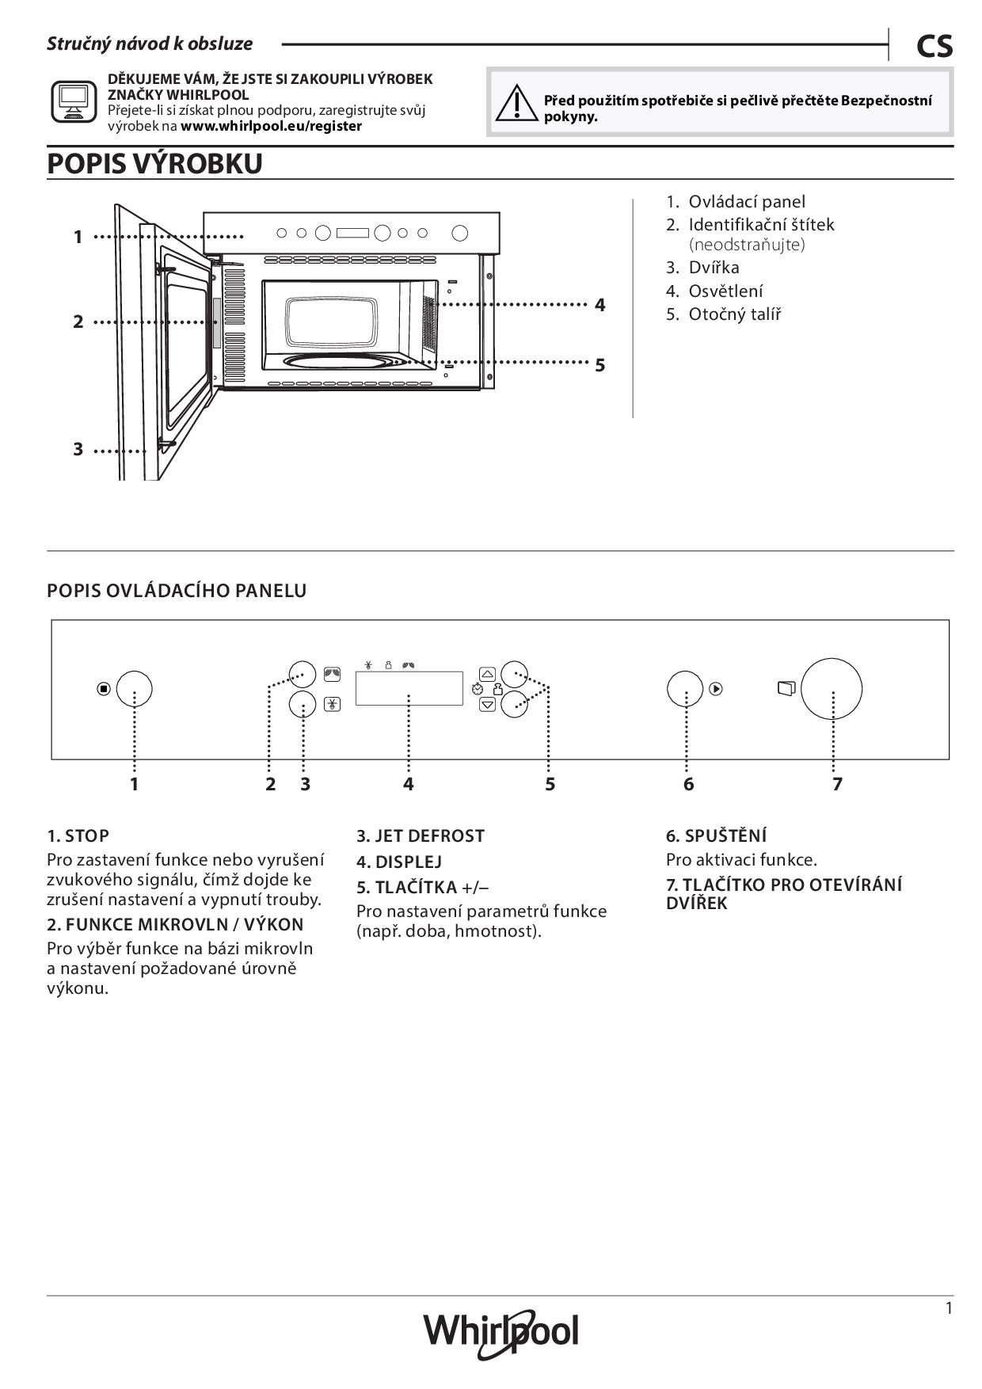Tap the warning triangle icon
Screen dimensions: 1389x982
pyautogui.click(x=516, y=103)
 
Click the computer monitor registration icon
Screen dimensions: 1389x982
pyautogui.click(x=74, y=101)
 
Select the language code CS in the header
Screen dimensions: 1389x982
pyautogui.click(x=934, y=47)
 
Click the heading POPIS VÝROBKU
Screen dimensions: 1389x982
pyautogui.click(x=155, y=164)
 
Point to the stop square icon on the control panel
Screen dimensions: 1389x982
pyautogui.click(x=104, y=689)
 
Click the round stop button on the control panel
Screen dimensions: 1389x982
pyautogui.click(x=134, y=689)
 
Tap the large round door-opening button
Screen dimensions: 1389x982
pyautogui.click(x=831, y=688)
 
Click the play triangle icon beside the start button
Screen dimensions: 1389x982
pyautogui.click(x=716, y=689)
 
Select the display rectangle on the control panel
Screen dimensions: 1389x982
pyautogui.click(x=409, y=688)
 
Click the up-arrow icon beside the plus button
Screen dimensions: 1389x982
pyautogui.click(x=488, y=674)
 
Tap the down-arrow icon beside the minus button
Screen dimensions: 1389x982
pyautogui.click(x=488, y=704)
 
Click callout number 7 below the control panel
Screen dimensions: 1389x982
pyautogui.click(x=837, y=784)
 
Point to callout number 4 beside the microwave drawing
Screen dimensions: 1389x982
pyautogui.click(x=600, y=305)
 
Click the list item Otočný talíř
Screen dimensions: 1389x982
pyautogui.click(x=734, y=314)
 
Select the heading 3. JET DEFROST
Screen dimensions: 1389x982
pyautogui.click(x=420, y=835)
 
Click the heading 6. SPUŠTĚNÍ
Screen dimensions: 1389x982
pyautogui.click(x=716, y=835)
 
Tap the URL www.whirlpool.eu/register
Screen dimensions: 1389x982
pyautogui.click(x=271, y=126)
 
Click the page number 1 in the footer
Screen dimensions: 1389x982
pyautogui.click(x=949, y=1308)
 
